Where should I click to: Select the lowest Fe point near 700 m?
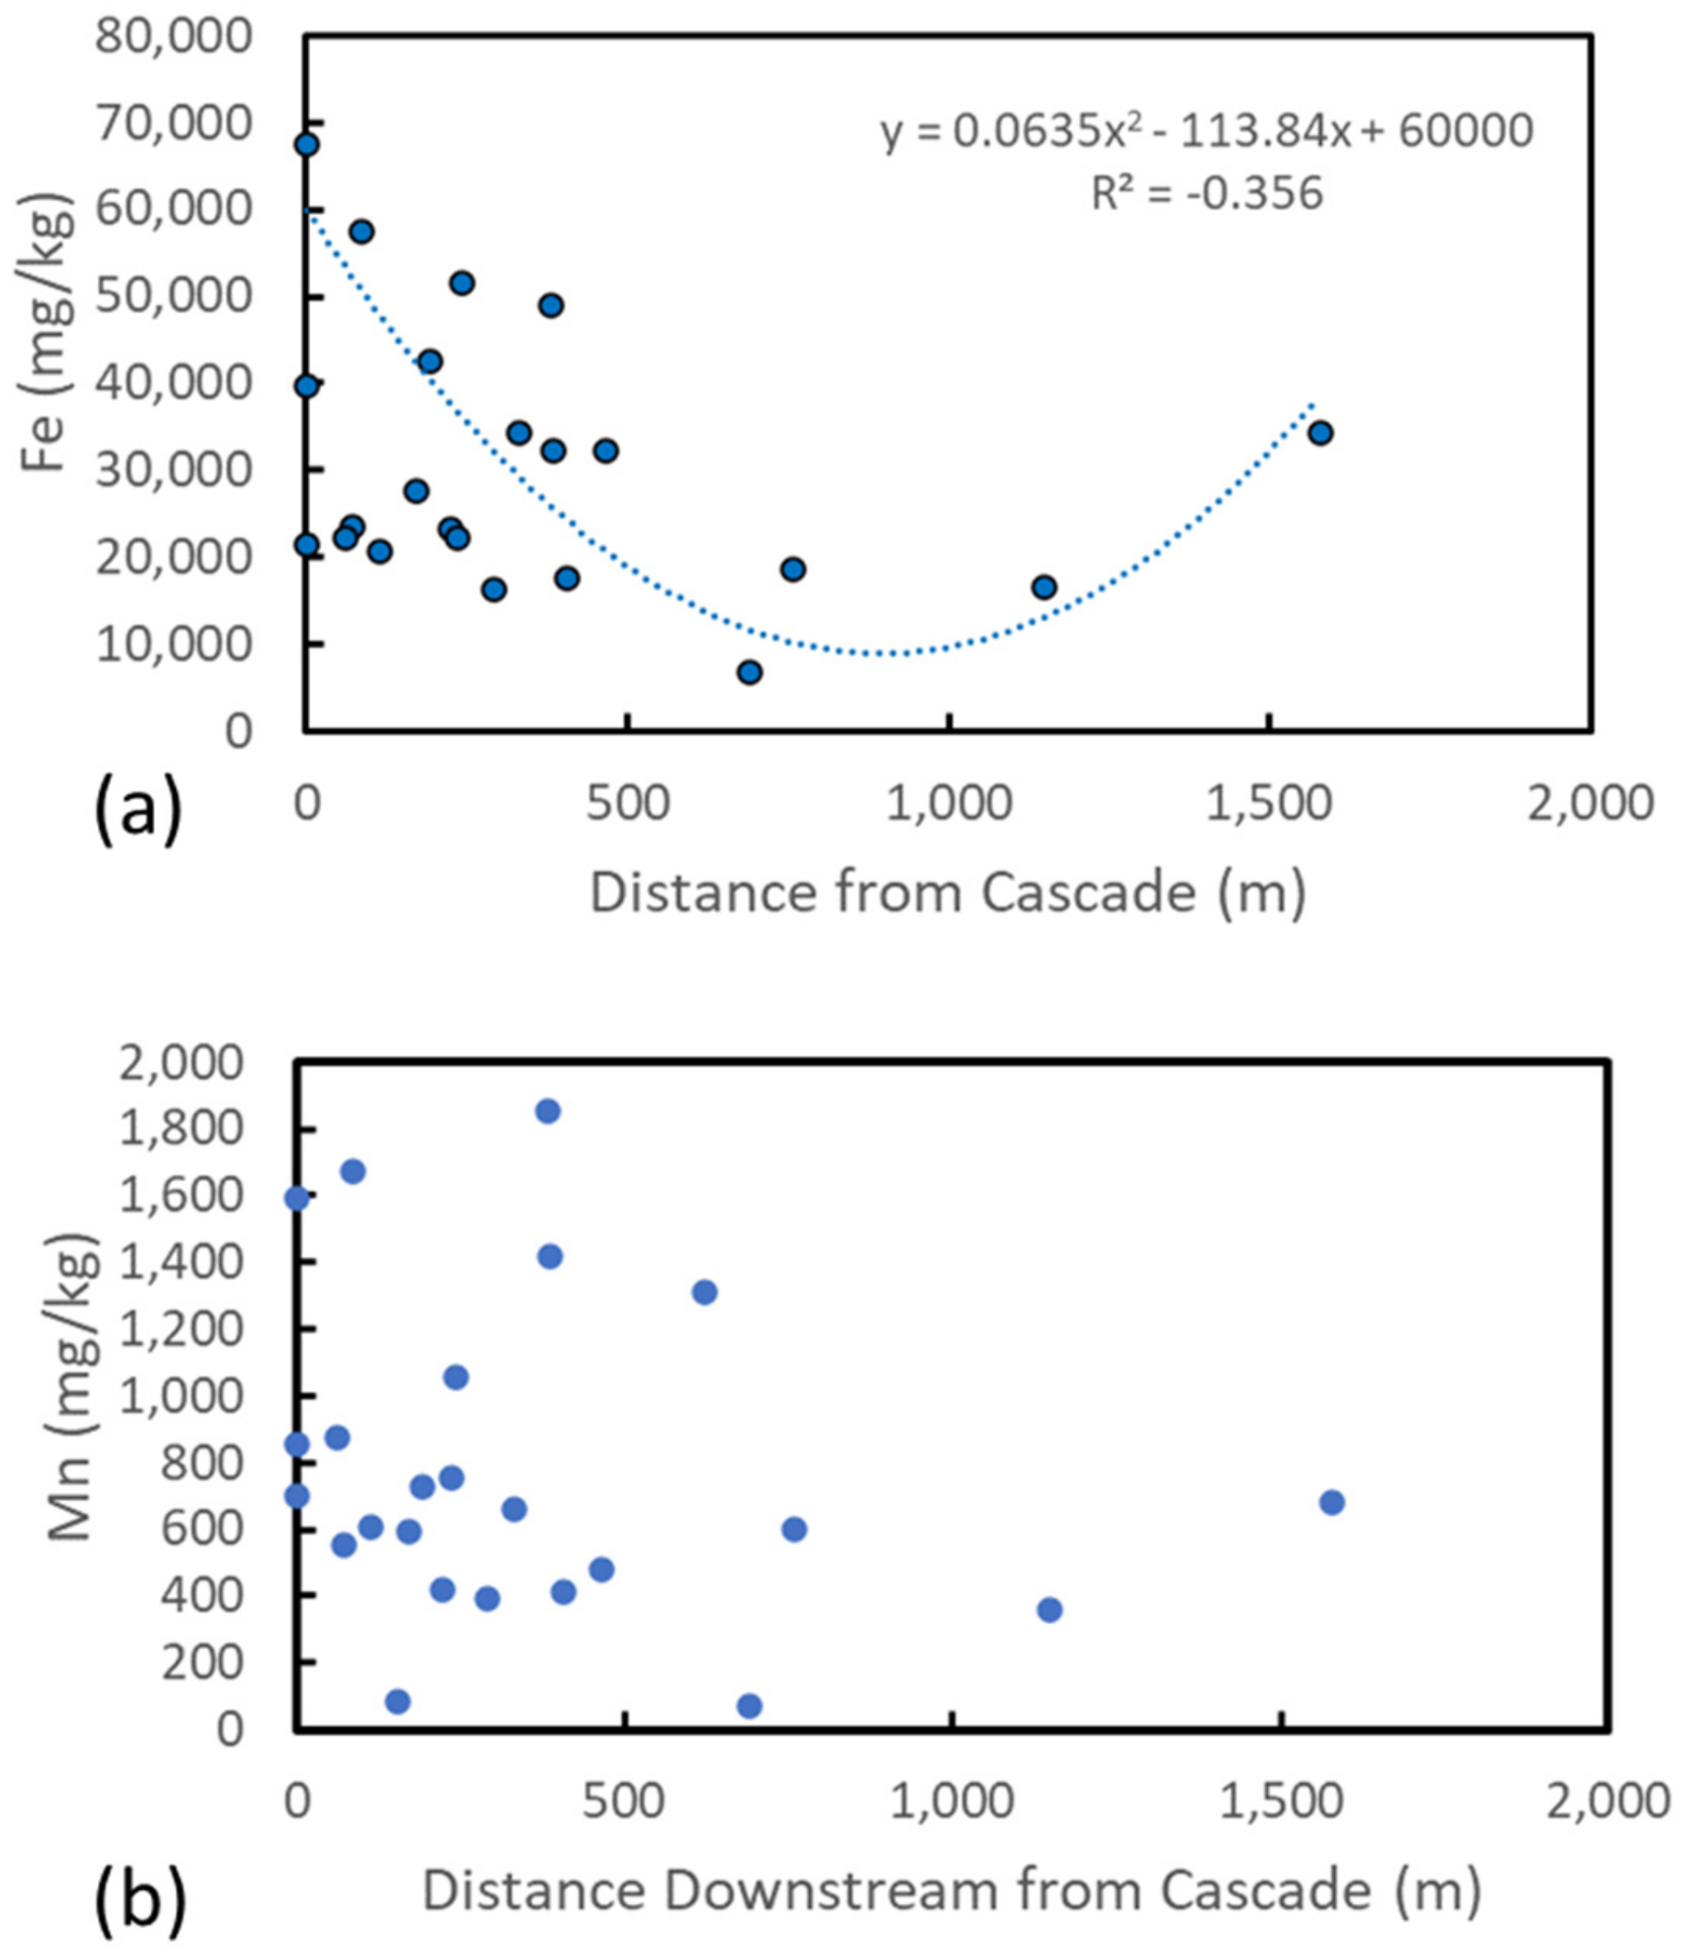pos(750,672)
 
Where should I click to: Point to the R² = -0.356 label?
pos(1207,194)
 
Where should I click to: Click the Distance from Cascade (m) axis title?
pos(947,892)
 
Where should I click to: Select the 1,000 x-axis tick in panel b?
pos(954,1801)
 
